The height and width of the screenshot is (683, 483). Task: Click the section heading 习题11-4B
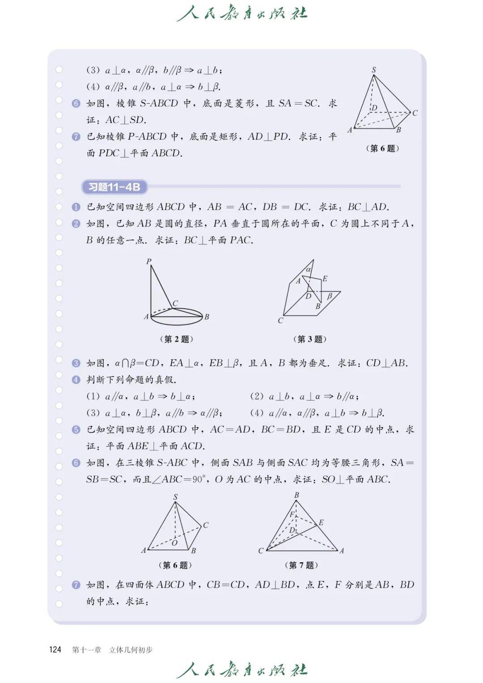click(114, 187)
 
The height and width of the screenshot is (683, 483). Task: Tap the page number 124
click(55, 649)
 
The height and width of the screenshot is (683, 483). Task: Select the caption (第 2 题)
click(177, 339)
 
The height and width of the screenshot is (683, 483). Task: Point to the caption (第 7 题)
click(301, 565)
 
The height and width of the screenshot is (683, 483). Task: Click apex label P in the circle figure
click(149, 262)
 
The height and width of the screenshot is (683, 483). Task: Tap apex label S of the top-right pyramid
click(374, 70)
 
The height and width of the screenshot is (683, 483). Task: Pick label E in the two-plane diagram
click(325, 279)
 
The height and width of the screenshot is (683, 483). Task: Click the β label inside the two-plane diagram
click(330, 296)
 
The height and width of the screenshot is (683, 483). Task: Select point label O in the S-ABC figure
click(174, 543)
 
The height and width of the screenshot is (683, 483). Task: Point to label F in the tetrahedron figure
click(292, 514)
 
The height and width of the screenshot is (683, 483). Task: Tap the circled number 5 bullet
click(76, 430)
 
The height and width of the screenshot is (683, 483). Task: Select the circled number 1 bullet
click(76, 207)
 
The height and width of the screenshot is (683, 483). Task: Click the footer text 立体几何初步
click(131, 649)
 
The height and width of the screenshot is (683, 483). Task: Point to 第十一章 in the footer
click(87, 649)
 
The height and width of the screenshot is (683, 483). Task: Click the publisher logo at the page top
click(242, 13)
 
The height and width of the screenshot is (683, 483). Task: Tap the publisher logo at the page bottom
click(242, 670)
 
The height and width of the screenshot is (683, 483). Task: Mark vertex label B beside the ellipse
click(207, 317)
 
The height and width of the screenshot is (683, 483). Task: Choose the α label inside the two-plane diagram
click(309, 270)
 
